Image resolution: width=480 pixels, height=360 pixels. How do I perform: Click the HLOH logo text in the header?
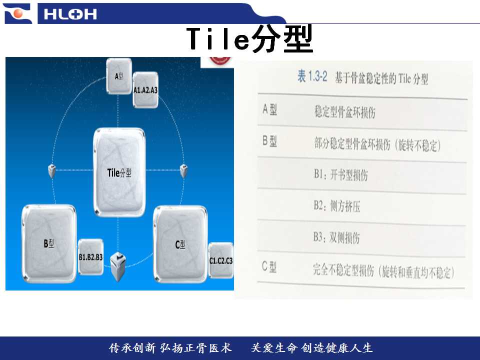[x=70, y=14]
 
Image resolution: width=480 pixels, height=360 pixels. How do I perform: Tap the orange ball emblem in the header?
[x=18, y=13]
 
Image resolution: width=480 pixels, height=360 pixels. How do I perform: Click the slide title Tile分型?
[x=249, y=39]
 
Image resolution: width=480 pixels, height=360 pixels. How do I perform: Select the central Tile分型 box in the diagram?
[x=119, y=172]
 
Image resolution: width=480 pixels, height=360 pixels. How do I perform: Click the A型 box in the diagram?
[x=119, y=76]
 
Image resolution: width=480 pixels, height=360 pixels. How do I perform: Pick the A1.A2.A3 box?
[x=145, y=89]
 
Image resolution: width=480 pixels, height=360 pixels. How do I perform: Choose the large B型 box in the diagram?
[x=49, y=243]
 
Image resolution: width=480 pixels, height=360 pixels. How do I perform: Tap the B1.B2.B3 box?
[x=90, y=257]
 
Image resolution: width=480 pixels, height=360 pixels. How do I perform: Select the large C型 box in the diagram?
[x=180, y=244]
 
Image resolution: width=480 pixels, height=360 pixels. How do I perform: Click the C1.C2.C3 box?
[x=220, y=260]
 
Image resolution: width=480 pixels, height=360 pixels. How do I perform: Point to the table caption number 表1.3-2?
[x=312, y=76]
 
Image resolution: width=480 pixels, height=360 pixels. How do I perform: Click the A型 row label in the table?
[x=269, y=109]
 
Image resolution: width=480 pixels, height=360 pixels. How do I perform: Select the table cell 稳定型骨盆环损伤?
[x=344, y=111]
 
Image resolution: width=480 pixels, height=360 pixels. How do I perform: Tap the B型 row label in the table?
[x=269, y=141]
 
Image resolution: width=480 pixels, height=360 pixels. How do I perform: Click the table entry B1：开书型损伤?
[x=340, y=175]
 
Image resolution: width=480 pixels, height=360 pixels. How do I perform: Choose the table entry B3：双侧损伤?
[x=336, y=237]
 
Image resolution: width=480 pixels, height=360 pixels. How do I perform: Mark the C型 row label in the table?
[x=269, y=267]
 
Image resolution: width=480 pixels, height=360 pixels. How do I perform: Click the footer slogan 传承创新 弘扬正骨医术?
[x=170, y=348]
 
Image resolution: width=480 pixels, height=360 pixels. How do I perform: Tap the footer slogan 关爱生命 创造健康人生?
[x=311, y=348]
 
